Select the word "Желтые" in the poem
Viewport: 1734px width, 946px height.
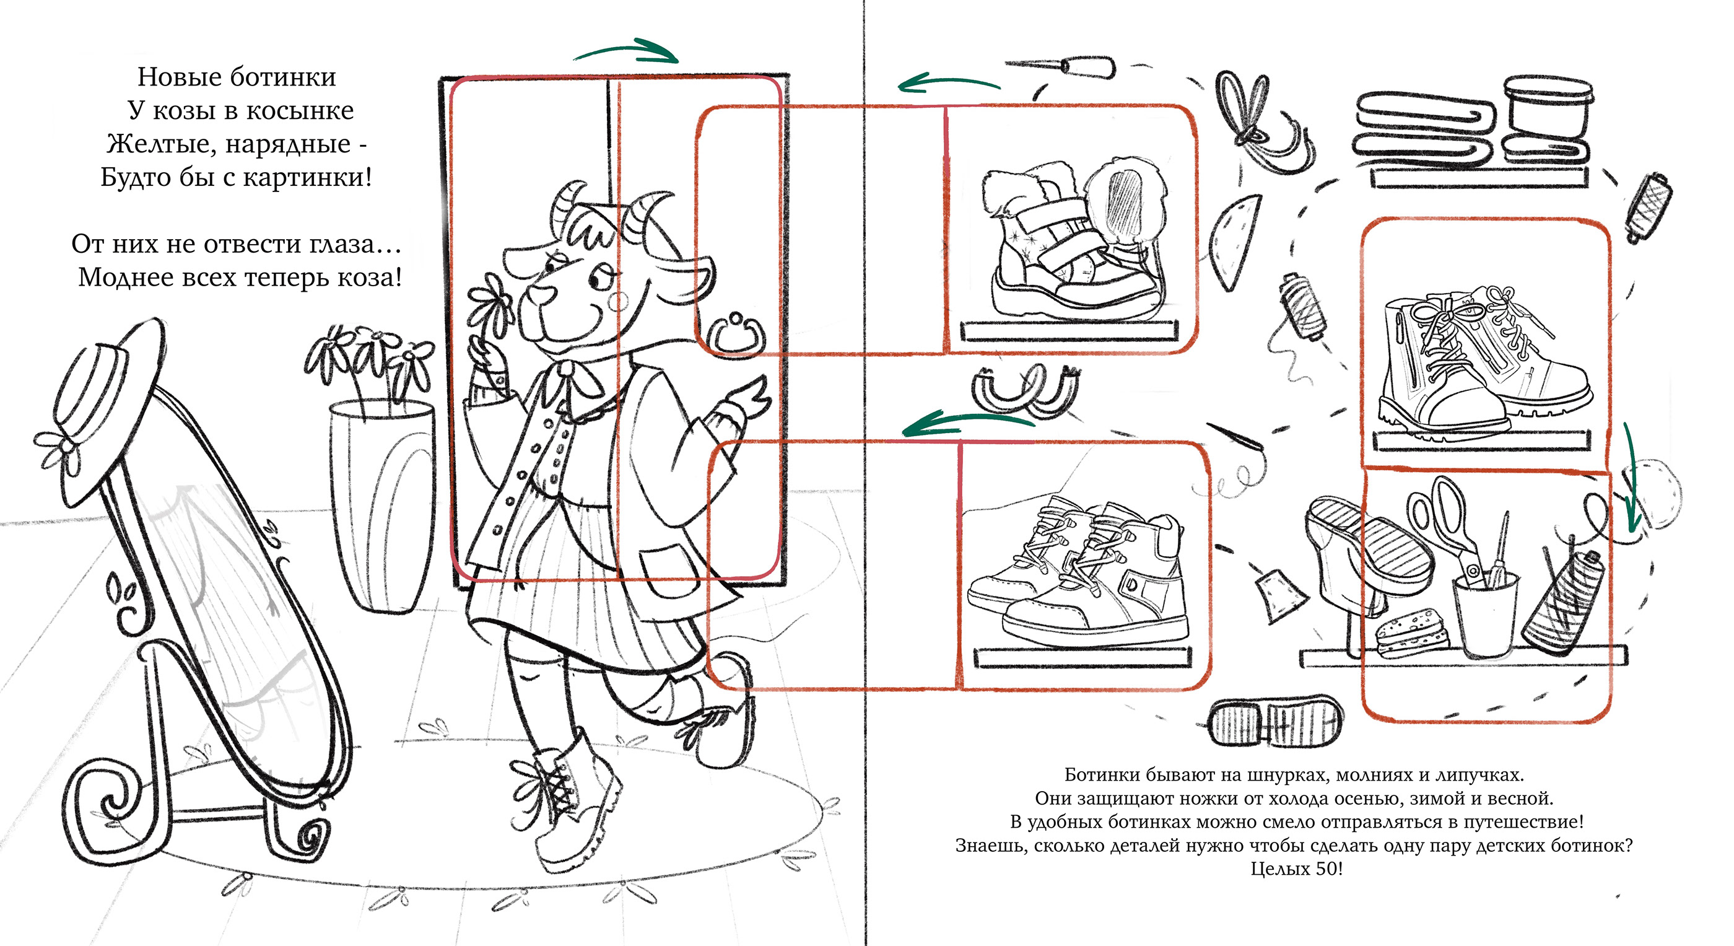[x=162, y=144]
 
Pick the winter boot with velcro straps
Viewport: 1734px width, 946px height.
[x=1077, y=242]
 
